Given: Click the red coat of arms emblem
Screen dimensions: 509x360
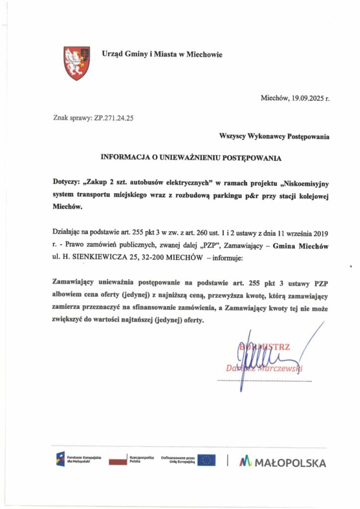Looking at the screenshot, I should coord(76,63).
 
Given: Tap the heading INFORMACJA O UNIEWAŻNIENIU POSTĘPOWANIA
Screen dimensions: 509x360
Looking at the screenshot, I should coord(191,158).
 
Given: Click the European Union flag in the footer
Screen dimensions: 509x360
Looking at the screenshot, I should coord(206,460).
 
